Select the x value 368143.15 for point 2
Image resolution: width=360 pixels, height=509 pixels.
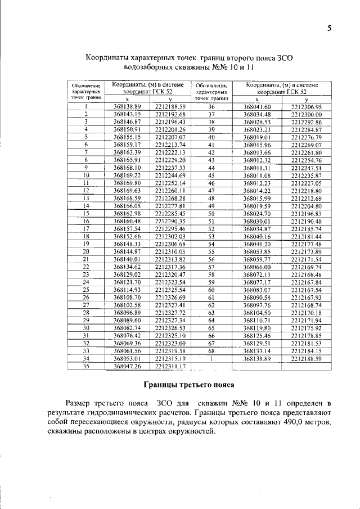tap(130, 114)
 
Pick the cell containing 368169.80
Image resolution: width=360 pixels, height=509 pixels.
tap(130, 183)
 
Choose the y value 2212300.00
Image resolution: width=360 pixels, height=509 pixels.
tap(306, 114)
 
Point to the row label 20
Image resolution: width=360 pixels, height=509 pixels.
tap(87, 251)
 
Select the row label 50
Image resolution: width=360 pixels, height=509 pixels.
tap(211, 214)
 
